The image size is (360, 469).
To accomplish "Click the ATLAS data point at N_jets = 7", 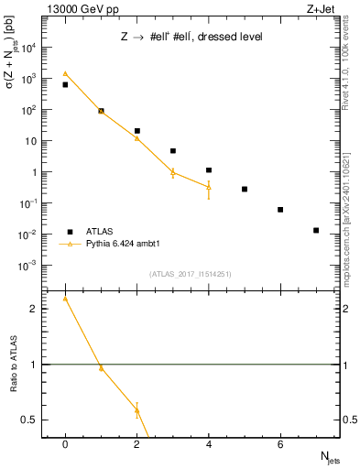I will coord(316,230).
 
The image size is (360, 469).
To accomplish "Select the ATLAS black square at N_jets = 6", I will coord(280,210).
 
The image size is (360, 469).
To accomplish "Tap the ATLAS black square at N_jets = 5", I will coord(245,189).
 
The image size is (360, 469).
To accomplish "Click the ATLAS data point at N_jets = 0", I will coord(65,84).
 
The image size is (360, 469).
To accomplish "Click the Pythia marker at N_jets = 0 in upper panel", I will coord(65,73).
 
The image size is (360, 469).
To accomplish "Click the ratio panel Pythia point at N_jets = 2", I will coord(136,409).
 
